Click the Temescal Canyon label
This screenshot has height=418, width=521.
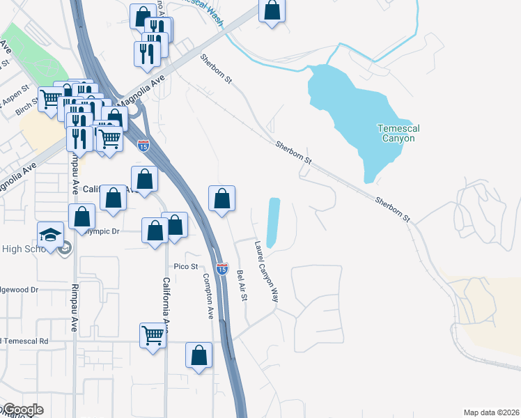(x=396, y=133)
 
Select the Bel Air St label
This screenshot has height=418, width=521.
(x=242, y=286)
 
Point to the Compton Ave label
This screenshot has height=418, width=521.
(x=208, y=296)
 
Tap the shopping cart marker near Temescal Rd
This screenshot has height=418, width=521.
(x=153, y=335)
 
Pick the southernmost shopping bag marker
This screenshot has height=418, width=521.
(x=199, y=355)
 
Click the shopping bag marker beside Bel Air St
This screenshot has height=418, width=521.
(x=222, y=199)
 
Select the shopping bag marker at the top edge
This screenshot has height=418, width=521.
(x=272, y=10)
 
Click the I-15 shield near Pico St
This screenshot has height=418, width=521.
(x=221, y=268)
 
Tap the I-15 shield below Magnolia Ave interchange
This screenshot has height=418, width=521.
(x=143, y=146)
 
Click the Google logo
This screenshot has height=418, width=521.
(x=22, y=410)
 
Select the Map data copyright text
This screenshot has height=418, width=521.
(x=490, y=412)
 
